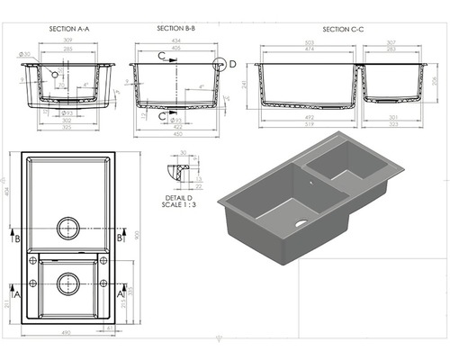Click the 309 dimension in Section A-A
click(68, 42)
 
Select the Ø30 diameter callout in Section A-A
click(33, 56)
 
